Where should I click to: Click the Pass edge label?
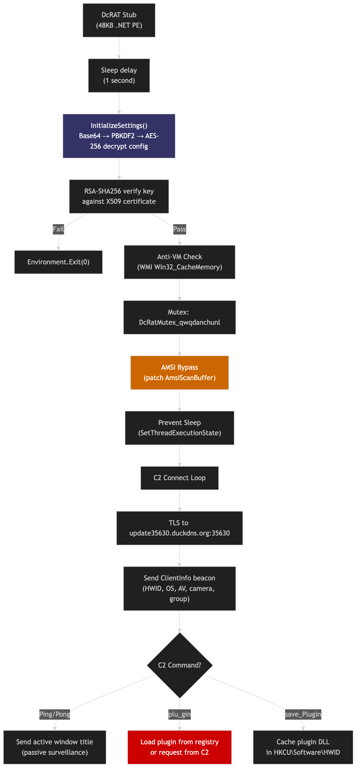[180, 229]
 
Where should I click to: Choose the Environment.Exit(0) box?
[58, 262]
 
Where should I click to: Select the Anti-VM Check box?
[180, 262]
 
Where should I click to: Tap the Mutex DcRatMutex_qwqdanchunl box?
[180, 317]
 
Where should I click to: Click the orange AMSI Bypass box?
[180, 373]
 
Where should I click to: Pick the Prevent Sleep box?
[180, 428]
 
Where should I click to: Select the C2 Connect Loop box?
[180, 478]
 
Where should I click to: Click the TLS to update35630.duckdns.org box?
[180, 528]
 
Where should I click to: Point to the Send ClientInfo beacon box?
[180, 588]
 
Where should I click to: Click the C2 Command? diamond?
[180, 665]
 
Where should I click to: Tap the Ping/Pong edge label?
[55, 714]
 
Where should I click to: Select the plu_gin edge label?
[180, 714]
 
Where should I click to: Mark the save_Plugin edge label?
[303, 714]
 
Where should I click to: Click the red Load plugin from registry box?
[180, 747]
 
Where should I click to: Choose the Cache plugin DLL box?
[303, 747]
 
